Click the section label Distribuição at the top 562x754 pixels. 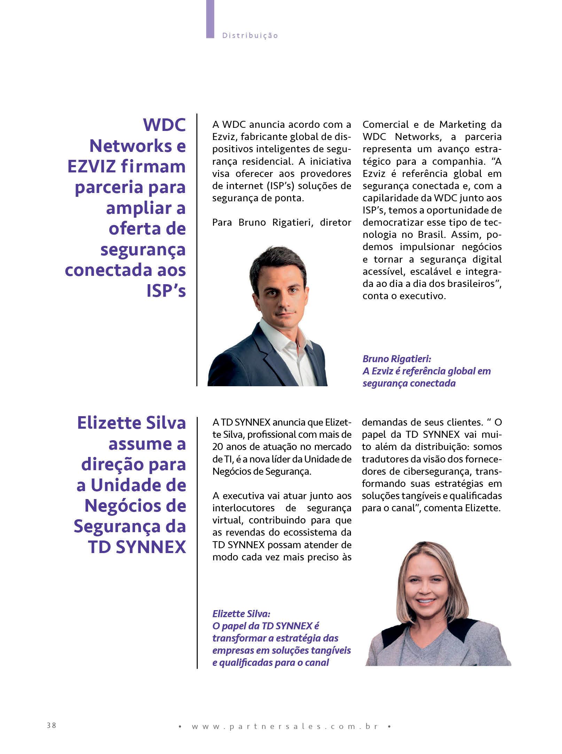tap(250, 36)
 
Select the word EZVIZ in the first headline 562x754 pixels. tap(92, 166)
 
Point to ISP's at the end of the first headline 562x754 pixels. tap(166, 291)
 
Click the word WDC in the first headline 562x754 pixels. tap(164, 125)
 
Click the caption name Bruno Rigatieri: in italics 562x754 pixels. tap(397, 359)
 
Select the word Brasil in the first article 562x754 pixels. tap(430, 234)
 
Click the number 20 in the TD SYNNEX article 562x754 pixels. tap(218, 447)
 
